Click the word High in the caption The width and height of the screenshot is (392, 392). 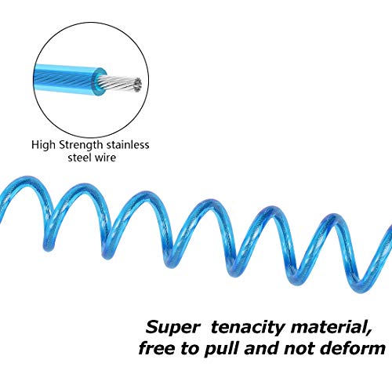tap(44, 145)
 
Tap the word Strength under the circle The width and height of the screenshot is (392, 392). tap(81, 145)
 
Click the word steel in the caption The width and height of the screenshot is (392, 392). tap(79, 158)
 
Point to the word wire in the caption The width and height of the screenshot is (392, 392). tap(105, 158)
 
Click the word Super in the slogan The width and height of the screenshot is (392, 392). tap(172, 328)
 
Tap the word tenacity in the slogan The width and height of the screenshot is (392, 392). tap(247, 328)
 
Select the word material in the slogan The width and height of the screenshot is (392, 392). tap(328, 327)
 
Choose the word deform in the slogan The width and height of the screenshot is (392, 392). tap(353, 349)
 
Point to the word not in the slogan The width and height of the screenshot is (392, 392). tap(299, 349)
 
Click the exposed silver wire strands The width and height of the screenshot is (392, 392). tap(119, 83)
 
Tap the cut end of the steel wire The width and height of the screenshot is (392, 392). tap(137, 85)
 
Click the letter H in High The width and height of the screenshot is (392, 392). tap(35, 144)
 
